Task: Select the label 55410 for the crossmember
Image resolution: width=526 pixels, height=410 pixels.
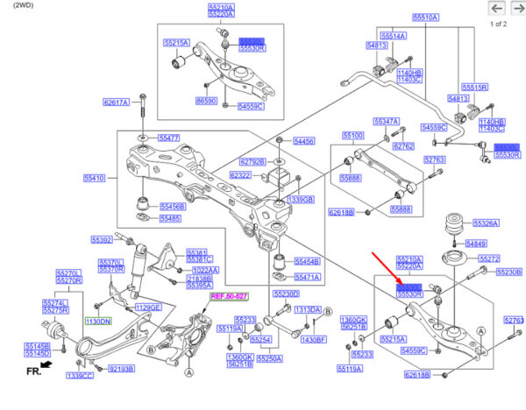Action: tap(94, 178)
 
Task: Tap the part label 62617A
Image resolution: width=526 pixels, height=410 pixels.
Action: tap(116, 102)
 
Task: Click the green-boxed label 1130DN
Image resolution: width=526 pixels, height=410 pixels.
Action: tap(98, 322)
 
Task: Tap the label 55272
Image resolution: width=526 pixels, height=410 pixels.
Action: tap(489, 259)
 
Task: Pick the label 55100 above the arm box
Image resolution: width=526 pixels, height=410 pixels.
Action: tap(352, 136)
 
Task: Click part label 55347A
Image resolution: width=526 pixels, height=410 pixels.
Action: tap(386, 121)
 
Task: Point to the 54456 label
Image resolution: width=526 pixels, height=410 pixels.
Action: tap(304, 141)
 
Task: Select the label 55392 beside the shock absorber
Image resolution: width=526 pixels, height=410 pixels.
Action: tap(103, 238)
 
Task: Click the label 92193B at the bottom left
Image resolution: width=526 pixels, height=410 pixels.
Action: tap(121, 369)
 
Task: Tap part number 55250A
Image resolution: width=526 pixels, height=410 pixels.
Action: tap(269, 358)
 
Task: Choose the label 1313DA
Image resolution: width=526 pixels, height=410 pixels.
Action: tap(308, 310)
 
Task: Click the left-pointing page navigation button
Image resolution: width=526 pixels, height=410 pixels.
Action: tap(496, 9)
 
